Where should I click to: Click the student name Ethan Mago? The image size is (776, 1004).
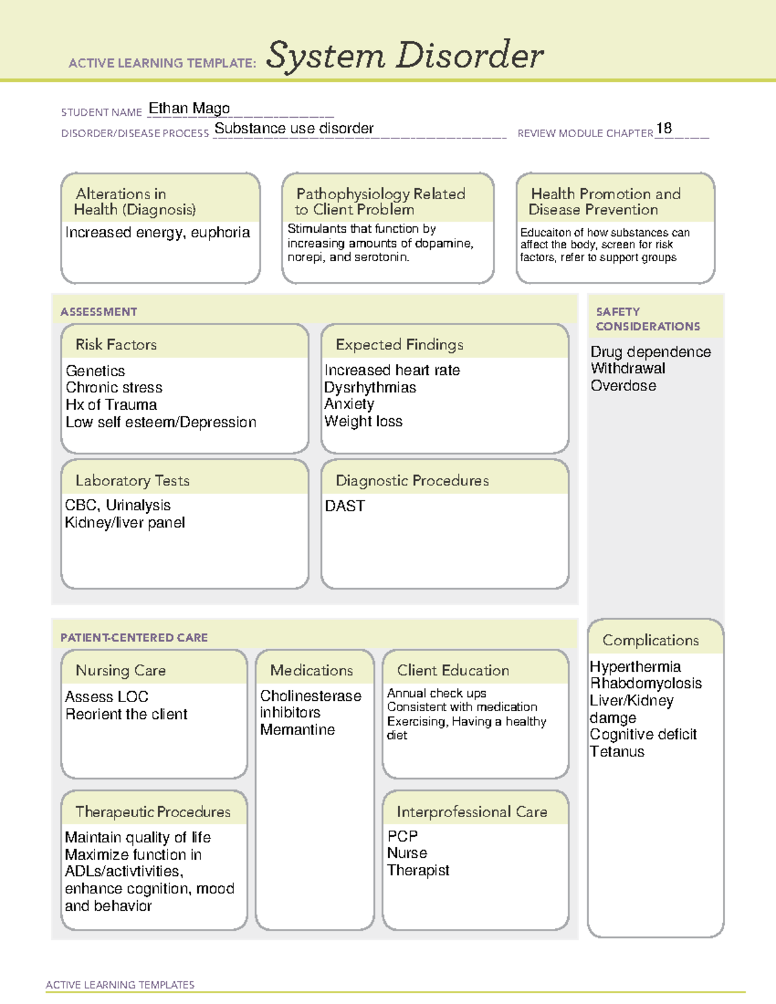click(x=189, y=109)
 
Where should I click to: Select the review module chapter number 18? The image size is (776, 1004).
click(x=664, y=129)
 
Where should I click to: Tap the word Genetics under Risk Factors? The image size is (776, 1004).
click(x=95, y=371)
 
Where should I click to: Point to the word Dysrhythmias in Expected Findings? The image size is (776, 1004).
click(x=370, y=388)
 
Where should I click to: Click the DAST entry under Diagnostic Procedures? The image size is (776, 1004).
click(x=345, y=506)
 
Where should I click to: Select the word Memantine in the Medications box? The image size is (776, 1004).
click(x=297, y=730)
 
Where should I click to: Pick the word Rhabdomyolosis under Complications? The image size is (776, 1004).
click(x=645, y=683)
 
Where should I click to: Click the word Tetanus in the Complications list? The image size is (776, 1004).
click(x=617, y=752)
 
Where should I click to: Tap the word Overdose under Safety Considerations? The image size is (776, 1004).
click(x=623, y=386)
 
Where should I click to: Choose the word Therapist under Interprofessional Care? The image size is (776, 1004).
click(x=418, y=871)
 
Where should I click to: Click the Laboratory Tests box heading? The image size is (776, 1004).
click(x=133, y=481)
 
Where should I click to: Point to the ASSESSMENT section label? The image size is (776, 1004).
click(x=99, y=312)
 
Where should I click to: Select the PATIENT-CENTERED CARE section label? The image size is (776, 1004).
click(x=134, y=638)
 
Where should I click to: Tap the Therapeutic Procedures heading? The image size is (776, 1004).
click(x=153, y=812)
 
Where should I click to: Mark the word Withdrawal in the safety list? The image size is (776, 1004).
click(x=628, y=368)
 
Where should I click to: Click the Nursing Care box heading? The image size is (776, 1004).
click(x=121, y=671)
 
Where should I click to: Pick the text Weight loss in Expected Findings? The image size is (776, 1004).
click(x=363, y=422)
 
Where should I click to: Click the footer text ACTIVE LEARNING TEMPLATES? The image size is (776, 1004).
click(x=120, y=985)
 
